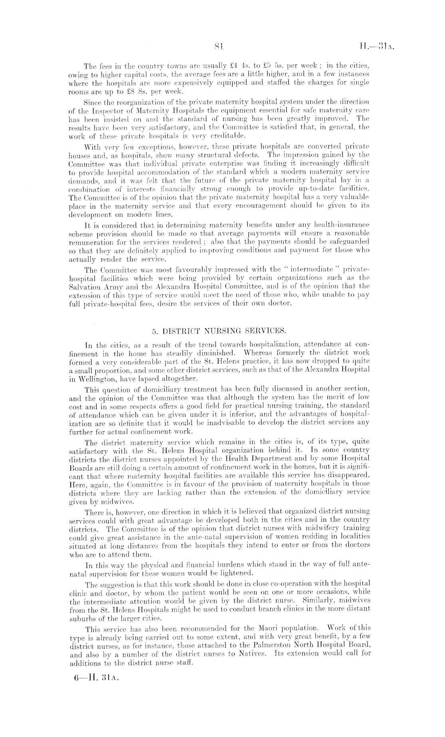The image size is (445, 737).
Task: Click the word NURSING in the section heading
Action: [x=222, y=331]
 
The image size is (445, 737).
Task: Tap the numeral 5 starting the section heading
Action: [x=155, y=331]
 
